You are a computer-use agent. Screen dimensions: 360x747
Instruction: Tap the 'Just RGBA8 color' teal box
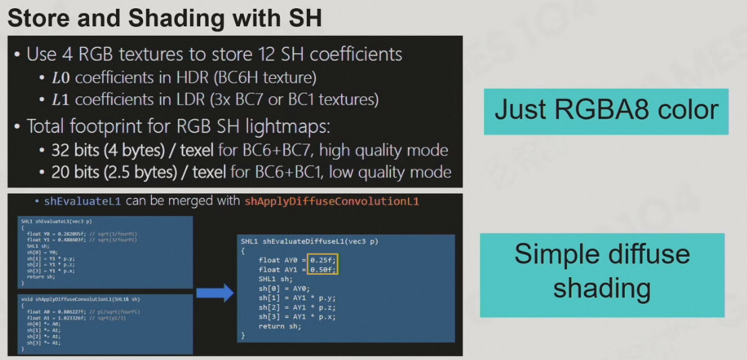coord(606,111)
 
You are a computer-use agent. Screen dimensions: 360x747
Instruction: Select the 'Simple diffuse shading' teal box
coord(602,272)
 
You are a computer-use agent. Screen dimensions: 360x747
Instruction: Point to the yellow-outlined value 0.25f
coord(323,260)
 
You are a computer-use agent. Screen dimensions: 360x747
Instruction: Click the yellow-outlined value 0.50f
coord(323,270)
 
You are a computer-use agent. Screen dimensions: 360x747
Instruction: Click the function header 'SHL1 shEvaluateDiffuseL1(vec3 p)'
coord(309,241)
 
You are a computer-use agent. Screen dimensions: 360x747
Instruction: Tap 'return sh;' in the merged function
coord(280,326)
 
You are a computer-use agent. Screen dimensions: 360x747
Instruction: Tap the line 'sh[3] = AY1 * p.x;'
coord(297,316)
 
